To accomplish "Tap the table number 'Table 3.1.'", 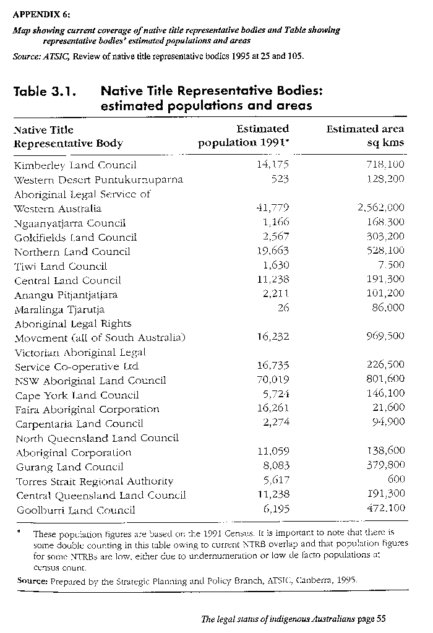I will coord(45,92).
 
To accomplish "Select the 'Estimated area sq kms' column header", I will coord(365,136).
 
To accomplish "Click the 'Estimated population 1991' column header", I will coord(244,136).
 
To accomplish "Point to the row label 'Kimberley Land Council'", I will coord(75,165).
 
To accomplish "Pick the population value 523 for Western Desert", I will coord(280,179).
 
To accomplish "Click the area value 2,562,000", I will coord(381,209).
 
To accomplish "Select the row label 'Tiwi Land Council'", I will coord(61,266).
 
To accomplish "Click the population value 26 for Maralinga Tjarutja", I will coord(283,308).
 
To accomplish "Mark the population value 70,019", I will coord(273,380).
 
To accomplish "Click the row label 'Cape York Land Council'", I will coord(77,395).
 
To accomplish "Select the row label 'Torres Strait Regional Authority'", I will coord(93,481).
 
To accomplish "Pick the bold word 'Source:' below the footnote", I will coord(30,580).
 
